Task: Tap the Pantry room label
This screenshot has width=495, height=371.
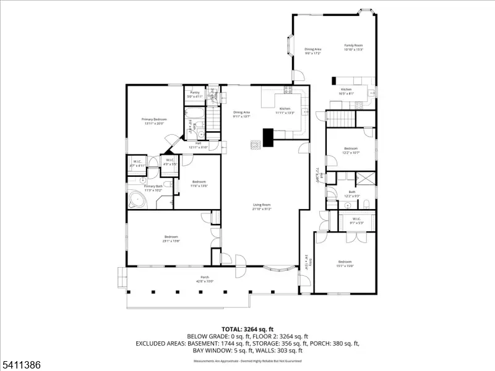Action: click(x=195, y=93)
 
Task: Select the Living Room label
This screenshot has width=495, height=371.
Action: click(x=262, y=205)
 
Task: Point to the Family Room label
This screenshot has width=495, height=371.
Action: click(x=353, y=45)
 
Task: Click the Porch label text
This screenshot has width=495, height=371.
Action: click(x=205, y=277)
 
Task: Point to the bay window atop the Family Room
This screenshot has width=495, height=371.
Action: click(x=366, y=11)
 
